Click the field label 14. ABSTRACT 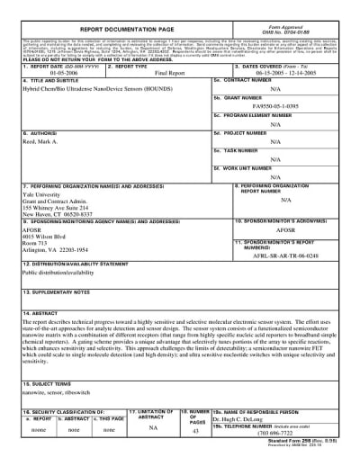click(x=40, y=311)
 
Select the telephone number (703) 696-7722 click(x=296, y=435)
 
